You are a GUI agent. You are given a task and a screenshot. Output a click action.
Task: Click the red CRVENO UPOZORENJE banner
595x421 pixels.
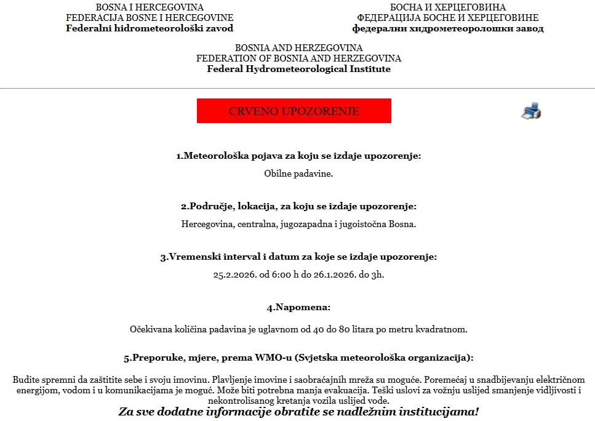[x=294, y=111]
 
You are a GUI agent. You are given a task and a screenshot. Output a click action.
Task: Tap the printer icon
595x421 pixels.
[x=531, y=111]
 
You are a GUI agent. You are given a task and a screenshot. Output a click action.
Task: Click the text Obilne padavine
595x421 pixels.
[x=298, y=174]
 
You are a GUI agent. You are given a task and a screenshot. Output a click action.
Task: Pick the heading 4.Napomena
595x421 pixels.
[x=298, y=307]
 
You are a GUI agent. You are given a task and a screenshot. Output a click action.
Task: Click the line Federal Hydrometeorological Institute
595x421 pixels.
[x=298, y=69]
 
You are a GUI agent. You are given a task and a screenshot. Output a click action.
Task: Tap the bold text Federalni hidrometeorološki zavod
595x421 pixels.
[x=150, y=28]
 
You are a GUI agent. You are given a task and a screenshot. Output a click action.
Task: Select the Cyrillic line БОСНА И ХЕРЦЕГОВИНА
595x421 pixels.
[x=447, y=7]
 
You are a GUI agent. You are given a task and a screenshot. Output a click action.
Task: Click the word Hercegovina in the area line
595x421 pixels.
[x=206, y=224]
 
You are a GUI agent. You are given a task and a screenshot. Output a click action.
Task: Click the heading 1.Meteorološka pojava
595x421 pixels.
[x=298, y=156]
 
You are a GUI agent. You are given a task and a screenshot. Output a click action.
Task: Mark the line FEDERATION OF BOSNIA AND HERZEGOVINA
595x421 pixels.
[x=298, y=58]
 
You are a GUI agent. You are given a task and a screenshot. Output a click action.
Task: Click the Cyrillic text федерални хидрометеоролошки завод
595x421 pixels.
[x=447, y=28]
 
